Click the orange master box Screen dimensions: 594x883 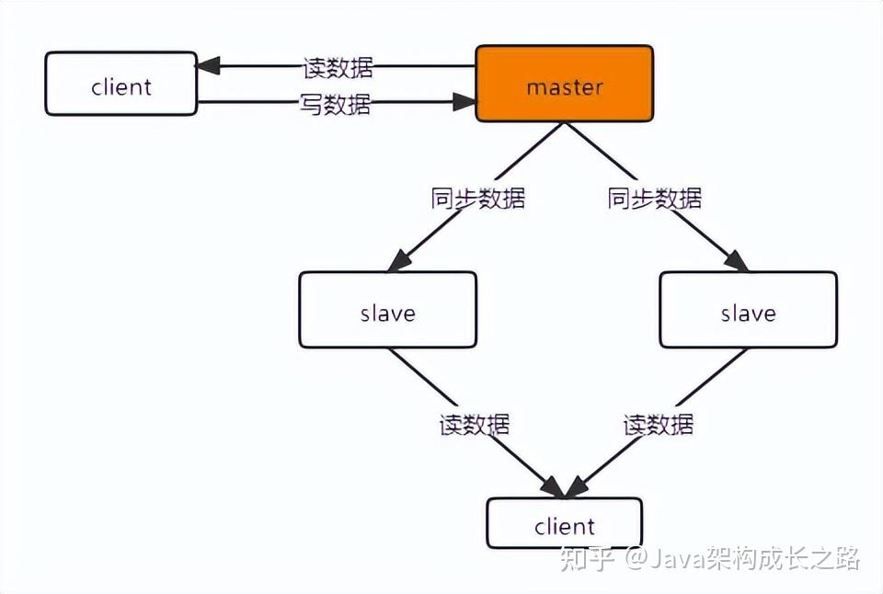click(x=564, y=84)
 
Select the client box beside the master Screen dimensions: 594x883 click(x=120, y=85)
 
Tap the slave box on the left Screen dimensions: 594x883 click(x=387, y=310)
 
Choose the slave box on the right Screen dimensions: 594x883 click(x=748, y=310)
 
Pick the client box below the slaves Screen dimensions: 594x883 click(x=564, y=524)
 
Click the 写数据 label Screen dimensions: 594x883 click(x=336, y=105)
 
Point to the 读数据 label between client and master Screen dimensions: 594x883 click(x=338, y=67)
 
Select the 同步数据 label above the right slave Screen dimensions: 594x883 click(x=655, y=199)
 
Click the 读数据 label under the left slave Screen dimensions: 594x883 click(x=475, y=425)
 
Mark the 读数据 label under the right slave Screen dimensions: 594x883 click(x=659, y=425)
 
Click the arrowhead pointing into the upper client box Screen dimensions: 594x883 click(x=208, y=66)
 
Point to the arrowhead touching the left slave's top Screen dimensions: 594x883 click(x=397, y=261)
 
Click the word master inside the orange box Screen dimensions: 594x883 click(x=564, y=87)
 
